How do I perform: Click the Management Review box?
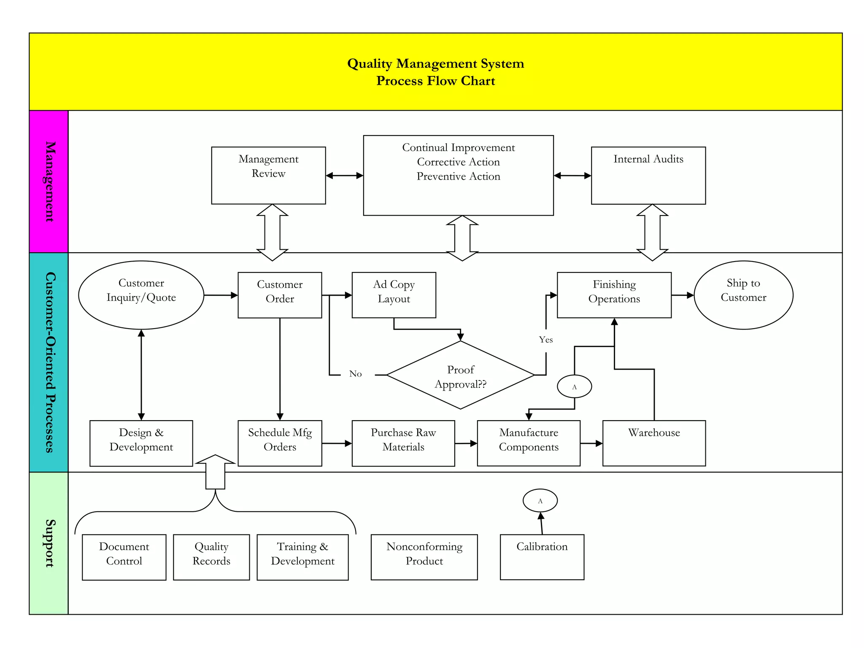click(268, 175)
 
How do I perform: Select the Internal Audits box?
click(648, 175)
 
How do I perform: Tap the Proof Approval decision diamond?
click(460, 375)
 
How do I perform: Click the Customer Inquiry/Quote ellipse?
click(141, 295)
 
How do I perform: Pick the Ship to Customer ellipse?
click(743, 295)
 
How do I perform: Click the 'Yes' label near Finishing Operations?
click(545, 340)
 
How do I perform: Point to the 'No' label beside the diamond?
click(355, 374)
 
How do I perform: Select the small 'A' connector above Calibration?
click(540, 501)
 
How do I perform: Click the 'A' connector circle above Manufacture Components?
click(574, 386)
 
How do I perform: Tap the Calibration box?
click(542, 557)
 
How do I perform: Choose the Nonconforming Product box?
click(424, 557)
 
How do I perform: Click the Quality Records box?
click(211, 557)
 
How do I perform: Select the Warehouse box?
click(654, 443)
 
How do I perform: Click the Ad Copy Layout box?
click(394, 295)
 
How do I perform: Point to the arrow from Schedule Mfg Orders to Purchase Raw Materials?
click(337, 443)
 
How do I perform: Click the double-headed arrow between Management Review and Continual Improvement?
click(344, 175)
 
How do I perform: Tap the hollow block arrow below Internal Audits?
click(652, 232)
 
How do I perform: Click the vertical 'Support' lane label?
click(49, 543)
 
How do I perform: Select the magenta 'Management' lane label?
click(49, 181)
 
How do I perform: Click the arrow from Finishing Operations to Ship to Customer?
click(682, 295)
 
